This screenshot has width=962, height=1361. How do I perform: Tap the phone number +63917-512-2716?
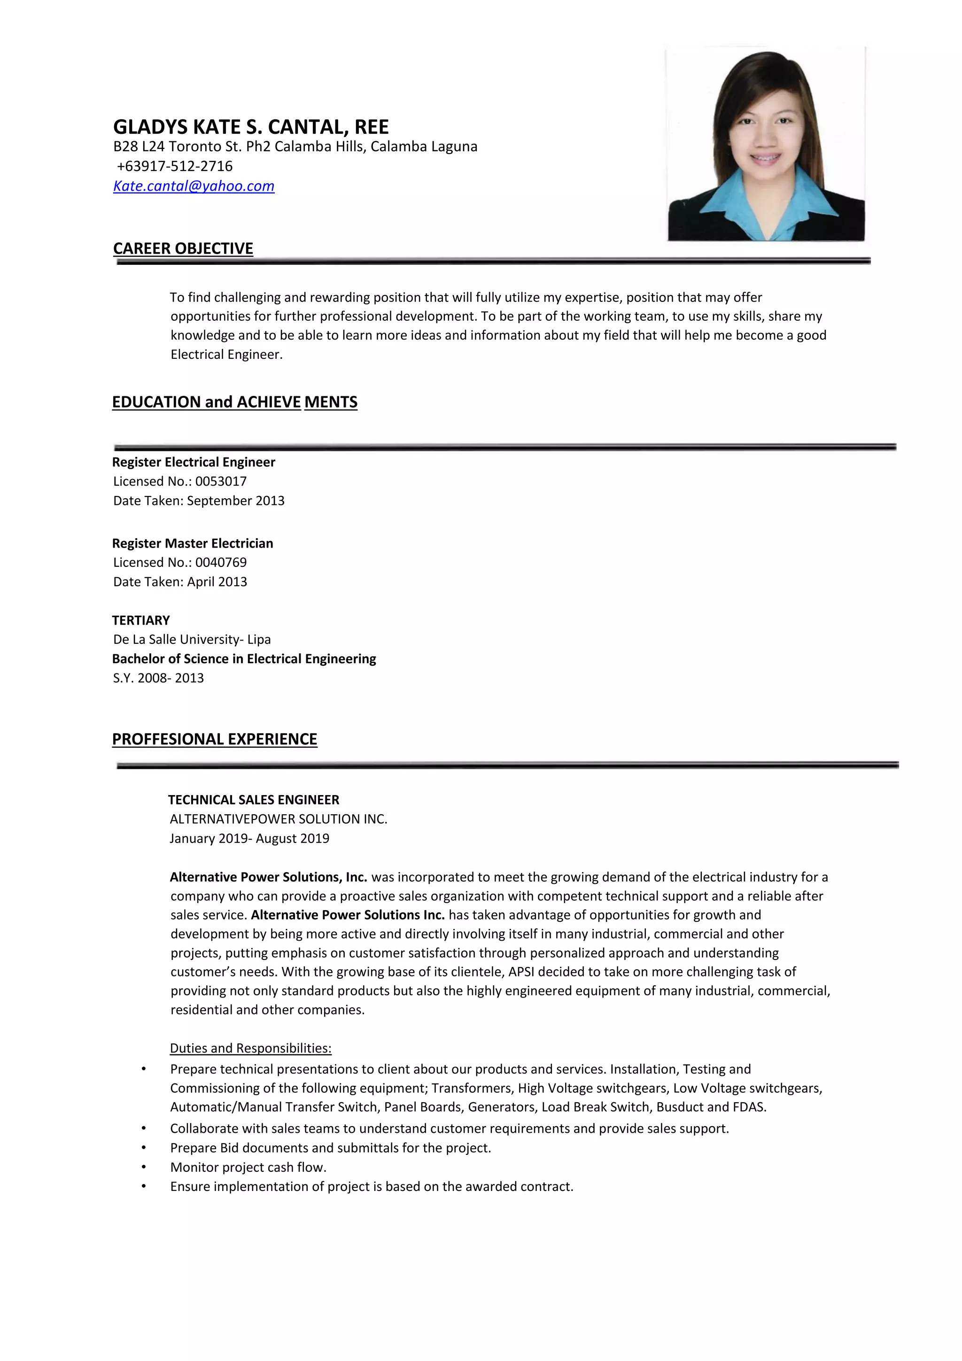[x=174, y=166]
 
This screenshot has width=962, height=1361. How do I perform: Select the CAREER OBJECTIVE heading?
[x=183, y=248]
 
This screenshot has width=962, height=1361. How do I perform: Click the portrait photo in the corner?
[x=765, y=144]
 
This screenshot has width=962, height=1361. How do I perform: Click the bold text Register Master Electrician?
[x=193, y=543]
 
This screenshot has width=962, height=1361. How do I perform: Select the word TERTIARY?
[x=140, y=620]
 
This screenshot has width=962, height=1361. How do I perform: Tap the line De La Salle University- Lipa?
[x=192, y=639]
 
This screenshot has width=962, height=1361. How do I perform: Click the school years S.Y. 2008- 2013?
[x=158, y=678]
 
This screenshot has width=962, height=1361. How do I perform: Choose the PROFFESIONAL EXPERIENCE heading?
[x=215, y=739]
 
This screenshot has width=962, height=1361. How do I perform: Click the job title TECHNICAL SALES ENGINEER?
[x=254, y=800]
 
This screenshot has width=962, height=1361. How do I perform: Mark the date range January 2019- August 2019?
[x=249, y=838]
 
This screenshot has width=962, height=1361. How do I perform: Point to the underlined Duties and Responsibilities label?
[x=250, y=1048]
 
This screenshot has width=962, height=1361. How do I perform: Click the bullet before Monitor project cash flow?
[x=143, y=1167]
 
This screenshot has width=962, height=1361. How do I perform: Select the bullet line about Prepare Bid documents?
[x=330, y=1148]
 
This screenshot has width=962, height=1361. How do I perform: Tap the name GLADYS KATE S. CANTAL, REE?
[x=251, y=127]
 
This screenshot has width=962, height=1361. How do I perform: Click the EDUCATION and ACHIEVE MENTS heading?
[x=235, y=402]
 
